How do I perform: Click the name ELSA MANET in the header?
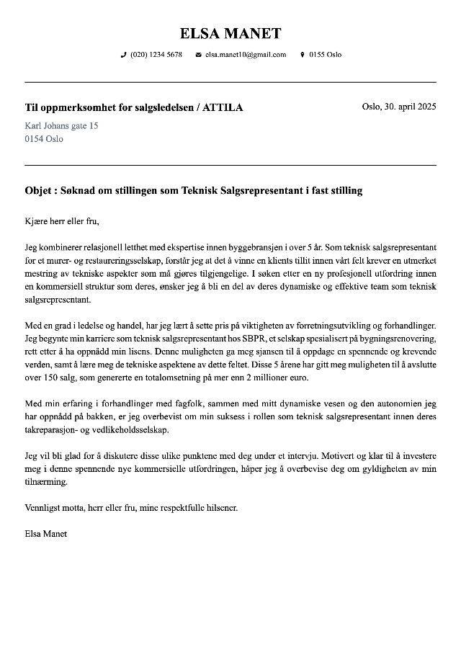coord(230,33)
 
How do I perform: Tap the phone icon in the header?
coord(123,55)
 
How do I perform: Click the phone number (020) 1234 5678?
coord(156,55)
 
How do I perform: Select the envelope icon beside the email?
coord(198,55)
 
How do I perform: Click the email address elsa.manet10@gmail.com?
coord(245,55)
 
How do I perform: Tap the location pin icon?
coord(302,55)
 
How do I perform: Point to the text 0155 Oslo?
coord(325,55)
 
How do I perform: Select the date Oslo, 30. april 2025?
coord(398,107)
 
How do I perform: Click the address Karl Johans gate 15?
coord(61,125)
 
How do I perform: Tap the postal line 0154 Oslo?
coord(43,138)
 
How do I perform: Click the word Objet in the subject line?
coord(38,191)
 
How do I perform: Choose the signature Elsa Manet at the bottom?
coord(45,534)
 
